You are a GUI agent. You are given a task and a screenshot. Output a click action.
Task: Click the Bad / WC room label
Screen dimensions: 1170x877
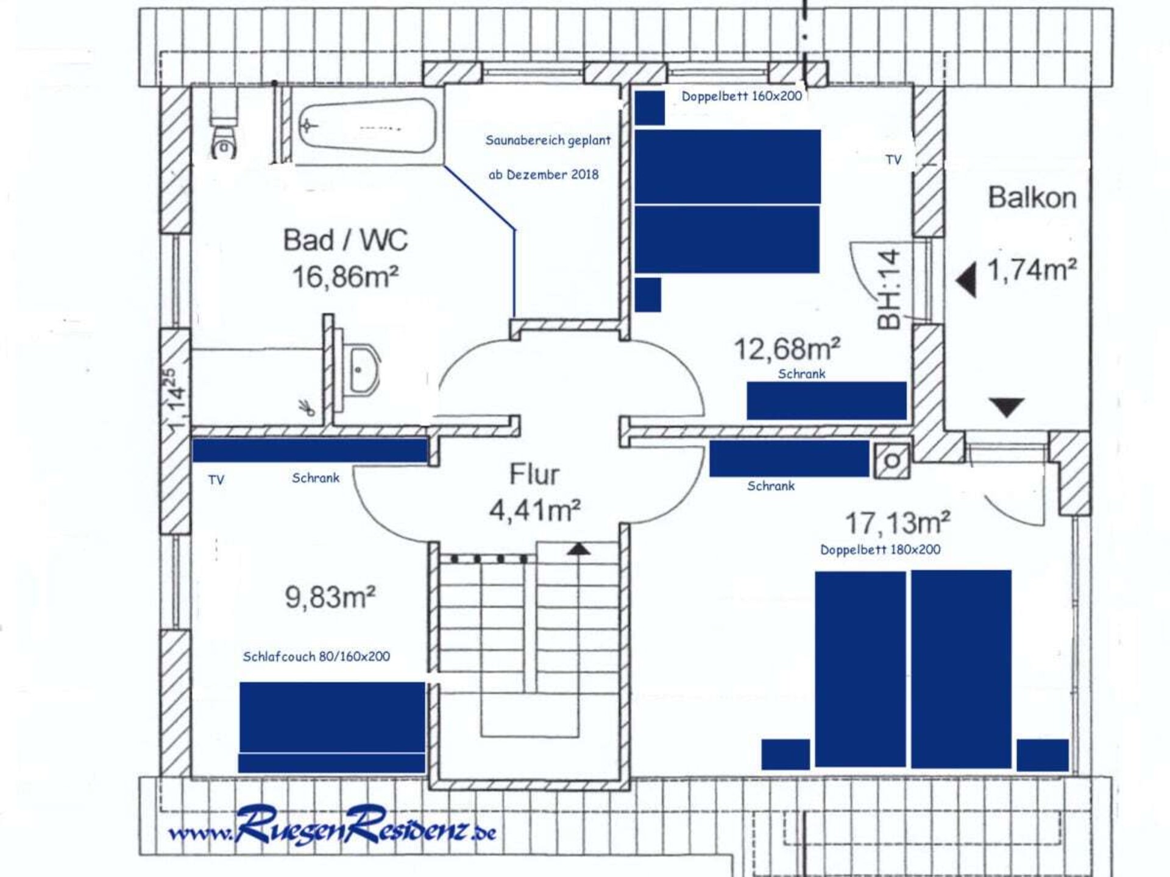pos(346,240)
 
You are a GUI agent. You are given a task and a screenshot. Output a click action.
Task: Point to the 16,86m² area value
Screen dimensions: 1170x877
pos(346,277)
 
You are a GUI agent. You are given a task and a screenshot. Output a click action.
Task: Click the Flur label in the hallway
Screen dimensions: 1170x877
pos(534,474)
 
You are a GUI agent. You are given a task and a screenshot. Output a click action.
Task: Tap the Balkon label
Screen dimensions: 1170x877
pos(1032,197)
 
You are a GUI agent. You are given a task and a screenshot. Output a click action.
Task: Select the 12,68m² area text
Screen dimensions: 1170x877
pos(787,349)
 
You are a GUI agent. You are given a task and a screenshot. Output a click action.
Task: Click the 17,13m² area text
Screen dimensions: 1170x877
pos(898,523)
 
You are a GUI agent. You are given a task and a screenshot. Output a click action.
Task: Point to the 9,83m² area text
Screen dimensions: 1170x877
pos(330,597)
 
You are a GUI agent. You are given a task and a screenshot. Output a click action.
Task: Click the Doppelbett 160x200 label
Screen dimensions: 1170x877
pos(742,96)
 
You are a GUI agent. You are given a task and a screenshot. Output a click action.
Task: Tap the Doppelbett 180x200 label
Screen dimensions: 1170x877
pos(880,549)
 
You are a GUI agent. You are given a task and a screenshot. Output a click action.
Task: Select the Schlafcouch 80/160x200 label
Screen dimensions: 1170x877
pos(316,657)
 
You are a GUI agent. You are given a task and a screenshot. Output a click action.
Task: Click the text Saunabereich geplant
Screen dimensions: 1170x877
pos(548,141)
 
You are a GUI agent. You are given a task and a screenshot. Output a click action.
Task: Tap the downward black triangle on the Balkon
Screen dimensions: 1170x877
pos(1006,407)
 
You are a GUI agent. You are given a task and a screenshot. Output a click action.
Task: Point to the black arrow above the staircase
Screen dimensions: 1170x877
pos(579,549)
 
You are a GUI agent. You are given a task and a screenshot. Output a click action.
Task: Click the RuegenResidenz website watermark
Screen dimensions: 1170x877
pos(333,826)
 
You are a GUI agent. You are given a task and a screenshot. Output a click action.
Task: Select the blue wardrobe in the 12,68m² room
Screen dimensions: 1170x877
pos(827,401)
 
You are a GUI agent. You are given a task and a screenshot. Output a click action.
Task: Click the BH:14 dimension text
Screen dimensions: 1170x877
pos(888,289)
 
